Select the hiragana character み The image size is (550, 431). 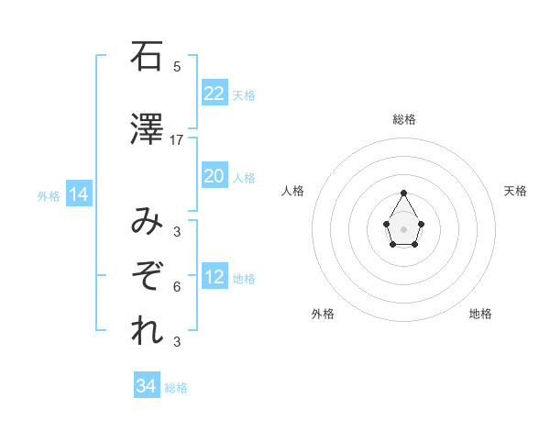coord(145,221)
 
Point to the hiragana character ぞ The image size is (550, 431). coord(145,276)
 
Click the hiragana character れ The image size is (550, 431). coord(145,331)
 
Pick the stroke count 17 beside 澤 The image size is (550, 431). coord(177,140)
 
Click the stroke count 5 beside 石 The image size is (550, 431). coord(177,67)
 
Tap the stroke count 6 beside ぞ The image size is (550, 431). coord(177,287)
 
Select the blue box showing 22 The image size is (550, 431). coord(214,93)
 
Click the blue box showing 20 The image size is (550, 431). coord(214,176)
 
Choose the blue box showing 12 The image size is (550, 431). coord(214,277)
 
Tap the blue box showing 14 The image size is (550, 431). coord(78,194)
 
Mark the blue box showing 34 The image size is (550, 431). coord(146,386)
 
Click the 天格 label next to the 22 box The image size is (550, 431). coord(244,95)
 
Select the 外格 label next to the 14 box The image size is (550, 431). coord(49,196)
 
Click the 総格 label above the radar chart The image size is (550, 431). coord(404,119)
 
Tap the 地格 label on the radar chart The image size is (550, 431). coord(480,314)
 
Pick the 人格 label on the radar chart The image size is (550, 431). coord(293,191)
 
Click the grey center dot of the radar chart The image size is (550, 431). coord(403,227)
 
